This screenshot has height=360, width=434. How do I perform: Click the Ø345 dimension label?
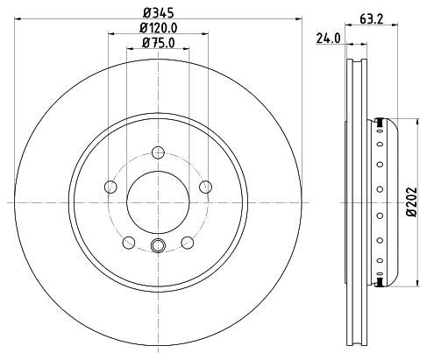159,12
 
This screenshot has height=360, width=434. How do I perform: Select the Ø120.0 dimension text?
159,28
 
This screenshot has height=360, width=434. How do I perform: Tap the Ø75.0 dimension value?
159,43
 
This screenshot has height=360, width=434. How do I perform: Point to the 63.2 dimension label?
371,19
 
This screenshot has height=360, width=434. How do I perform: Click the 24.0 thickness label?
329,39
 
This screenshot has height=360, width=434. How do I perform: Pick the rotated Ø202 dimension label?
412,201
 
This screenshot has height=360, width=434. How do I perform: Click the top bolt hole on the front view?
158,152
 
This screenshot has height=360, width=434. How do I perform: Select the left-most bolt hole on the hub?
110,187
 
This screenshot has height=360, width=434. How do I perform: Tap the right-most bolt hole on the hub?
206,187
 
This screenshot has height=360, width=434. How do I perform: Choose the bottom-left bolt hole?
129,243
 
